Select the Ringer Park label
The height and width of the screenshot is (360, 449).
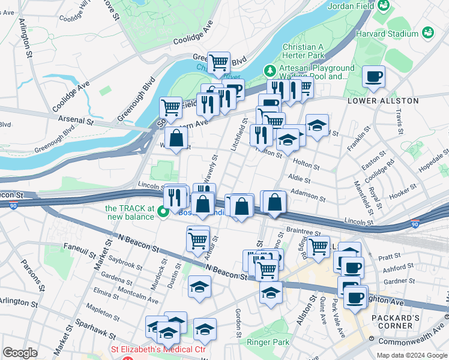coord(268,342)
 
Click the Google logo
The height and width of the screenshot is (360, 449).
coord(20,353)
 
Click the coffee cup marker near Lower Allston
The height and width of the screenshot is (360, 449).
coord(373,77)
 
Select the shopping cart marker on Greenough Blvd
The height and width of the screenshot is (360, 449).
coord(219,61)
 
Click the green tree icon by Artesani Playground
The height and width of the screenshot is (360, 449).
coord(271,71)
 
